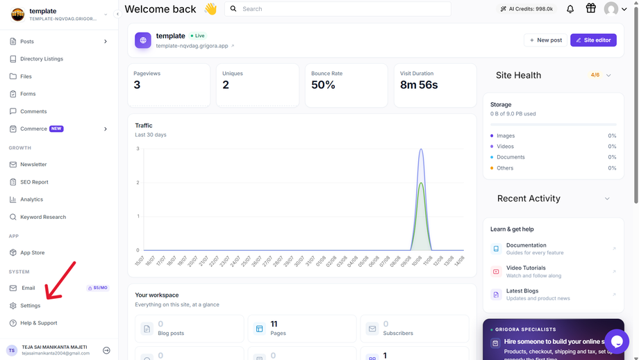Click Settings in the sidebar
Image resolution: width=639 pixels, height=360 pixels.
coord(30,305)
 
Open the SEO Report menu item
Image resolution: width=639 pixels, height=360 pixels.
coord(34,182)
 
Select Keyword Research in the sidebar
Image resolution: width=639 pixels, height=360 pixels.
coord(43,217)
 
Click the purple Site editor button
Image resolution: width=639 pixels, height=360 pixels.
coord(593,40)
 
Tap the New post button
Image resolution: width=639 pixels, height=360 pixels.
coord(545,40)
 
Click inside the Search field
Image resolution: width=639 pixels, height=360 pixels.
coord(338,9)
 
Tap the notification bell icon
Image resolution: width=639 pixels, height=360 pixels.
coord(570,9)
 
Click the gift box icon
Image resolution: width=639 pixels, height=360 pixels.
coord(590,8)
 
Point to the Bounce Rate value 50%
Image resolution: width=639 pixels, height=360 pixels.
coord(323,85)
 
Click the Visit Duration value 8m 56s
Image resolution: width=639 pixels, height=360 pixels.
coord(419,85)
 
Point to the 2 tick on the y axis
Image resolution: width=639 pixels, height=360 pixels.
coord(138,182)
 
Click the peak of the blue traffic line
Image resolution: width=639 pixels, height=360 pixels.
coord(421,149)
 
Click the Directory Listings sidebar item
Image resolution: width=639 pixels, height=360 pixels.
coord(42,58)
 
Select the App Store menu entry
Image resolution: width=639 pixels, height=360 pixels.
coord(32,252)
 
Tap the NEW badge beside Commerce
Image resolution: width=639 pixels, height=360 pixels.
coord(56,129)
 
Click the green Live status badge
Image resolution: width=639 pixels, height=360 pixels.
coord(198,36)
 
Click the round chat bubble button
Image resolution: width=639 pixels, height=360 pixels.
coord(617,341)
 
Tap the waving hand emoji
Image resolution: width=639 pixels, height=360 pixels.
coord(210,8)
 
